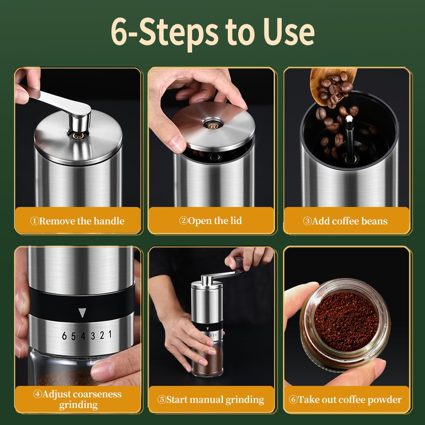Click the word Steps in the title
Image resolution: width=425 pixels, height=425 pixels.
pos(178,33)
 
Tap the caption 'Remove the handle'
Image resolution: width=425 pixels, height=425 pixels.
pos(82,221)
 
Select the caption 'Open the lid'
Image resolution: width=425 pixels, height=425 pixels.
pos(215,221)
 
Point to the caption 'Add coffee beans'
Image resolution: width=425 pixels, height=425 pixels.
pos(350,221)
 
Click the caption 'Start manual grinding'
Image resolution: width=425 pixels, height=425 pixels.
pos(215,400)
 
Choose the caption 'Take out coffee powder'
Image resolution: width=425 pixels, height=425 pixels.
pos(350,399)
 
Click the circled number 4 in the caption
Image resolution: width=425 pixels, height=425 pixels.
pos(37,394)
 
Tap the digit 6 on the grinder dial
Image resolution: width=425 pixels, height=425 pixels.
pos(64,336)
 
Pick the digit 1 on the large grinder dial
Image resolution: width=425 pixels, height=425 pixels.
pos(110,334)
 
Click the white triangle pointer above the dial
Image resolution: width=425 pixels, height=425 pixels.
pos(82,313)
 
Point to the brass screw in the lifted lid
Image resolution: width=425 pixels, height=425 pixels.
pos(213,125)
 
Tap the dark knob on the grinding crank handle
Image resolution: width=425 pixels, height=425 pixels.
pos(239,264)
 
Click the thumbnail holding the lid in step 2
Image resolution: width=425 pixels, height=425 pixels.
pos(178,143)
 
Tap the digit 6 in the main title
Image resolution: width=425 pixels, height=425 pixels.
pos(119,32)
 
